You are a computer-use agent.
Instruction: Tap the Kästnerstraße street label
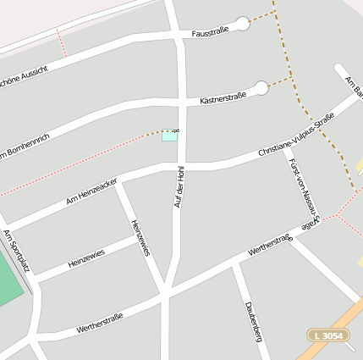(223, 97)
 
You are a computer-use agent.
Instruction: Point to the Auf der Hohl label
(179, 186)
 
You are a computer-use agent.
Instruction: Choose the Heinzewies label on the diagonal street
(140, 238)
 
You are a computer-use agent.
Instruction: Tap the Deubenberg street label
(253, 320)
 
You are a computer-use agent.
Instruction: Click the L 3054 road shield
(327, 336)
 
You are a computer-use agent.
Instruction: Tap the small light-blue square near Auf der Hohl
(170, 136)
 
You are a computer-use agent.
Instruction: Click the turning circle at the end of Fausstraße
(243, 24)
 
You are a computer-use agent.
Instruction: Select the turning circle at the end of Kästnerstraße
(261, 88)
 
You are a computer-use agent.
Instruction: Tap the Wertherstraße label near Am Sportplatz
(100, 322)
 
